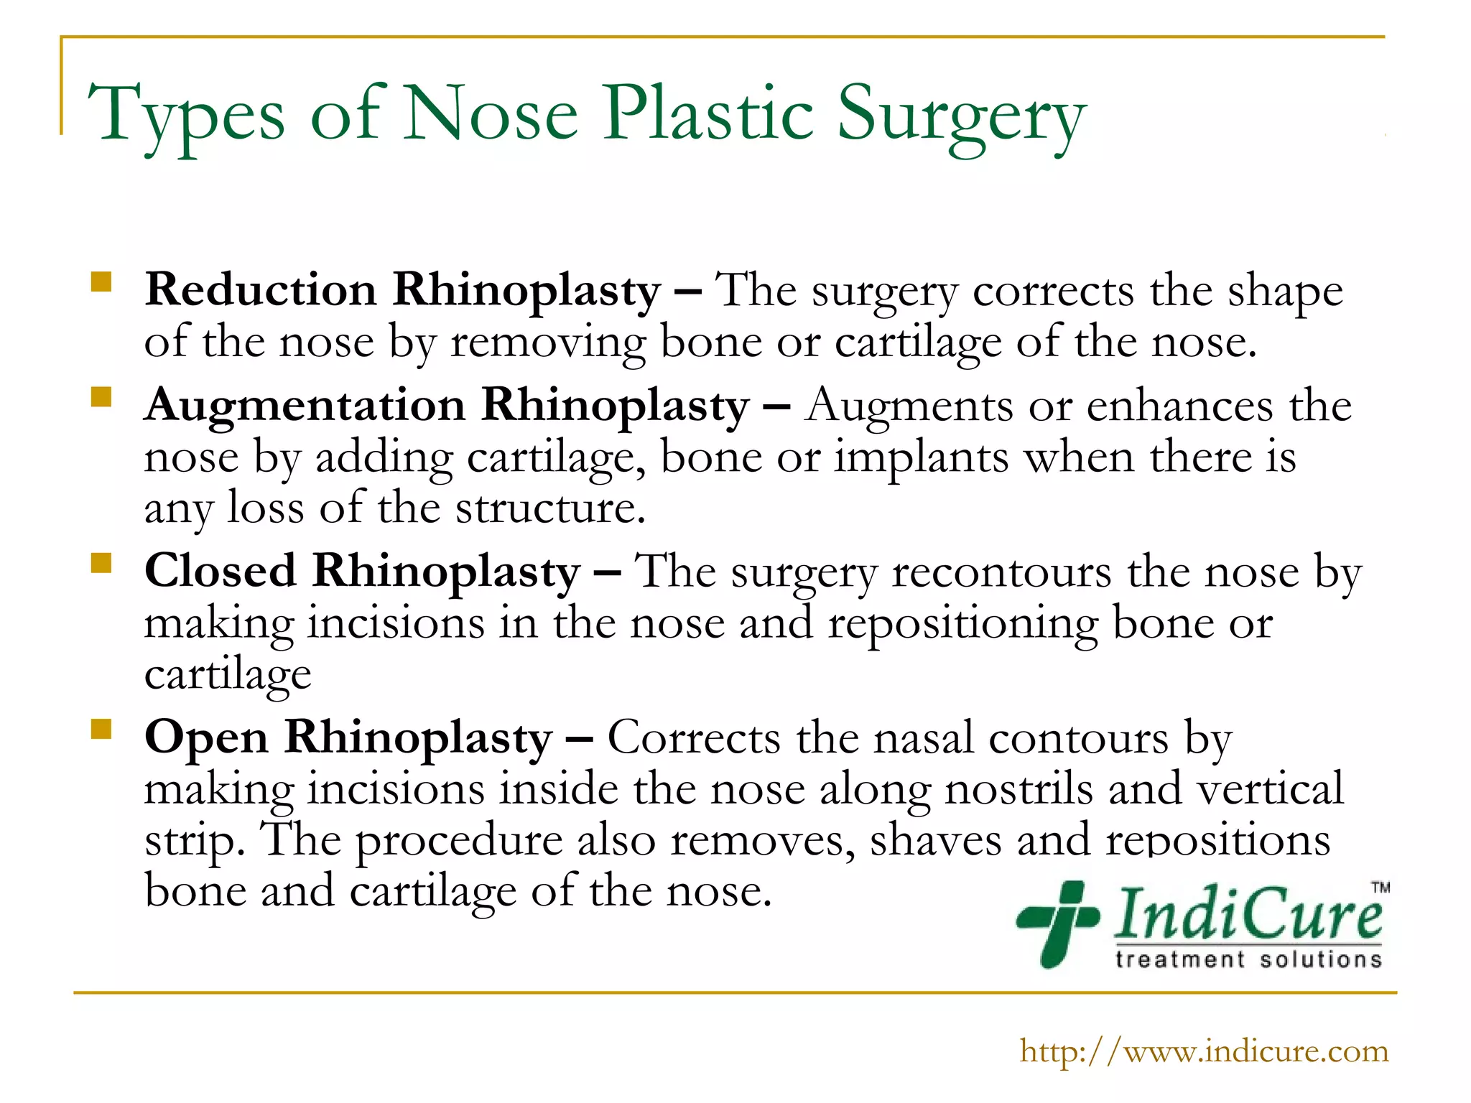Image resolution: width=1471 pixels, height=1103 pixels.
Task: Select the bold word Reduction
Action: [x=261, y=290]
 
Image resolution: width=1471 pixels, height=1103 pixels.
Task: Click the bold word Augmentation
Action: [x=305, y=406]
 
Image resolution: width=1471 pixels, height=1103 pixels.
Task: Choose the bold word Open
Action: [x=206, y=738]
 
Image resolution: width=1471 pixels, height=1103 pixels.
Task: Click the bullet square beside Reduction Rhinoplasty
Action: [x=101, y=281]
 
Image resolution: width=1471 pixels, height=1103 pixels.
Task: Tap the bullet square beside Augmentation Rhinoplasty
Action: [x=101, y=397]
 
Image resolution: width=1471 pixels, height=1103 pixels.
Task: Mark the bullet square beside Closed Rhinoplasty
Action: [x=101, y=562]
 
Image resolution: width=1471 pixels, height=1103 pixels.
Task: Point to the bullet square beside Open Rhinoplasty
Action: [x=101, y=729]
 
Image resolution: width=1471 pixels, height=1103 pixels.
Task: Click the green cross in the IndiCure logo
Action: [x=1058, y=922]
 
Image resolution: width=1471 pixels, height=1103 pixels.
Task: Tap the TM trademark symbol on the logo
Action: [x=1380, y=887]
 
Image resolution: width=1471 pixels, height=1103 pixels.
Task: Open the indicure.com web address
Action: [x=1204, y=1051]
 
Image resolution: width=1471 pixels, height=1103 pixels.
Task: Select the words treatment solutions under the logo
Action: [x=1248, y=959]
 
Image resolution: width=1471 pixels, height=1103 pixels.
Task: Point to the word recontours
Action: [x=1001, y=573]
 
